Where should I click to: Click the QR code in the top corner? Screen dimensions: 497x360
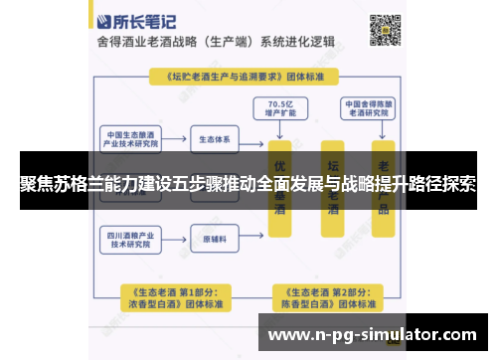(x=386, y=31)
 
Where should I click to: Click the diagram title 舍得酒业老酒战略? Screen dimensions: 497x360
(x=150, y=44)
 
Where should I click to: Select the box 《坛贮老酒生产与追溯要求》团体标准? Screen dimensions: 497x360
(x=248, y=76)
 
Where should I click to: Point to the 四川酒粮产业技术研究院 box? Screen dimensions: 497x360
(x=133, y=240)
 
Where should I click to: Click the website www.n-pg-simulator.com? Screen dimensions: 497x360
(x=377, y=335)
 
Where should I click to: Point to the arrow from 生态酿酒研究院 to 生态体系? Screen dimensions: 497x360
(x=178, y=138)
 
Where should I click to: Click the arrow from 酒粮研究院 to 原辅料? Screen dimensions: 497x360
(x=178, y=240)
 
